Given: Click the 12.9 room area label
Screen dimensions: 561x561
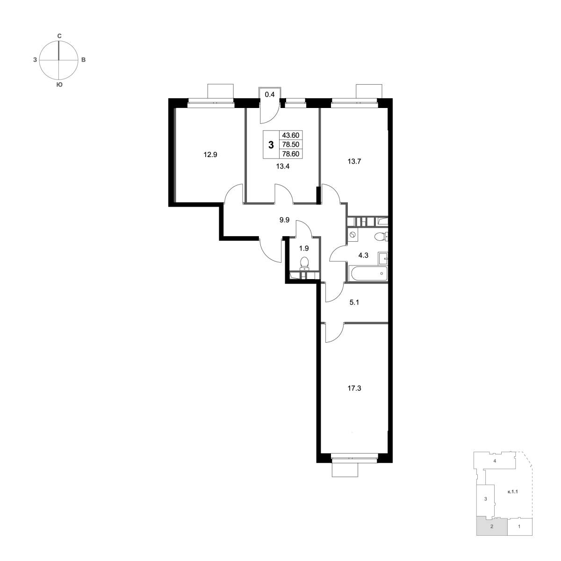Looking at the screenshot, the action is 210,155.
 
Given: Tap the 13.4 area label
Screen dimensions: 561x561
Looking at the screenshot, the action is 283,166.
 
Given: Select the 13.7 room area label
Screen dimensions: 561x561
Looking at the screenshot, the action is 354,161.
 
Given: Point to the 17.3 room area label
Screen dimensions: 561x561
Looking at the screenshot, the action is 354,388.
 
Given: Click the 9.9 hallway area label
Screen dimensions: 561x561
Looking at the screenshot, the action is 284,220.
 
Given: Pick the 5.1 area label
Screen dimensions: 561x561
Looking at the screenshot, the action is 354,302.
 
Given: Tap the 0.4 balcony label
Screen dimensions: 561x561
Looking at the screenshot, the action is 270,94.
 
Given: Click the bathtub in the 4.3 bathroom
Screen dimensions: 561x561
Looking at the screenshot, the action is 368,273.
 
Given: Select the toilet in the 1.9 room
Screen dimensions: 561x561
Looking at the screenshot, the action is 304,263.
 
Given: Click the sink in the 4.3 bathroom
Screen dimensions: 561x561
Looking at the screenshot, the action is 383,258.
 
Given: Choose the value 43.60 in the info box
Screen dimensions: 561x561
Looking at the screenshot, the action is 290,135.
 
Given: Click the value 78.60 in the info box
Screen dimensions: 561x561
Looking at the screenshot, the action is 290,154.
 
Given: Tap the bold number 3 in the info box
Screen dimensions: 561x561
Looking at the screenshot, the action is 271,144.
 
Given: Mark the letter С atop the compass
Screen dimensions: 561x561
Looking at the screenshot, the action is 59,36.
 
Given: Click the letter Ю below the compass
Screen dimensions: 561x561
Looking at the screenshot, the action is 59,85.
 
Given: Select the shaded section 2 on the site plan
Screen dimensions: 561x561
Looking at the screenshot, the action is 492,535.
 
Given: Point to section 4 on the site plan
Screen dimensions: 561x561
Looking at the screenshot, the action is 495,469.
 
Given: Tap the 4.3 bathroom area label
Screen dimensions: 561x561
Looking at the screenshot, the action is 363,256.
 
